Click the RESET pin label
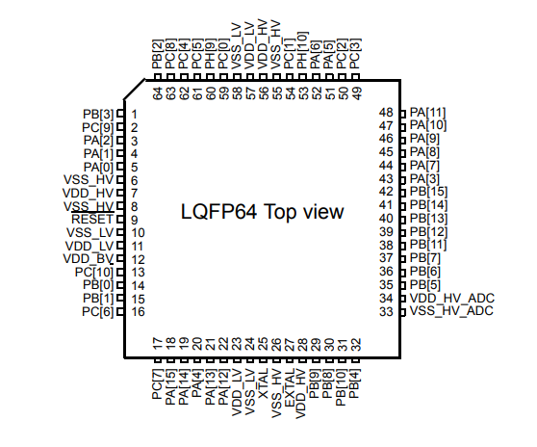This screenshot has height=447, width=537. pyautogui.click(x=91, y=219)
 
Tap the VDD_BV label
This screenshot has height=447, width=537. pyautogui.click(x=88, y=259)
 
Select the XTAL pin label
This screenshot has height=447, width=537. pyautogui.click(x=263, y=383)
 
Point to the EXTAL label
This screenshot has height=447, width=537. pyautogui.click(x=290, y=388)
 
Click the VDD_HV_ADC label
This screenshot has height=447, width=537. pyautogui.click(x=452, y=299)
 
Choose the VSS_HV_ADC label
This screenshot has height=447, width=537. pyautogui.click(x=451, y=311)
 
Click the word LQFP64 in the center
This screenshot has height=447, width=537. pyautogui.click(x=218, y=212)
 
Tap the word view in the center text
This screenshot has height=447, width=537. pyautogui.click(x=324, y=212)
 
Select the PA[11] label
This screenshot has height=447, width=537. pyautogui.click(x=427, y=113)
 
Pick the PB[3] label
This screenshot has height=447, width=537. pyautogui.click(x=98, y=114)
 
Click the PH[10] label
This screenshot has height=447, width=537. pyautogui.click(x=303, y=50)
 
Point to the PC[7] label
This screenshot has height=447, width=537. pyautogui.click(x=157, y=384)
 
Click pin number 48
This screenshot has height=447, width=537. pyautogui.click(x=386, y=113)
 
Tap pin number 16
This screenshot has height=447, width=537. pyautogui.click(x=138, y=311)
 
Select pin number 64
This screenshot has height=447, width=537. pyautogui.click(x=157, y=93)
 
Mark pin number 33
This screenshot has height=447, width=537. pyautogui.click(x=386, y=311)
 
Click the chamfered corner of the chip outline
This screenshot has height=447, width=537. pyautogui.click(x=135, y=90)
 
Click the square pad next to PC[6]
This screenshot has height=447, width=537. pyautogui.click(x=120, y=312)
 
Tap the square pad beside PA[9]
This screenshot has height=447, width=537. pyautogui.click(x=403, y=139)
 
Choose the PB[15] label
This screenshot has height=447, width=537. pyautogui.click(x=428, y=192)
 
